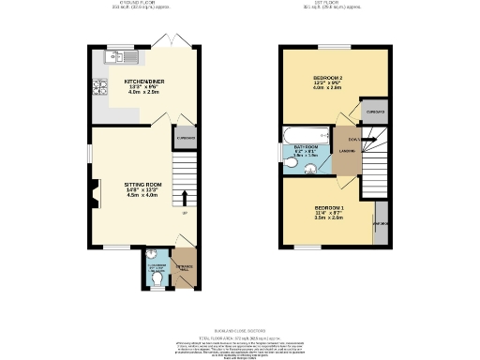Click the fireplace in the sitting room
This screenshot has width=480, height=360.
[x=95, y=195]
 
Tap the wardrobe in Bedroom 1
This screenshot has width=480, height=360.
[x=380, y=224]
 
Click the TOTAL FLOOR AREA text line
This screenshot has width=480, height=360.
[x=239, y=335]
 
